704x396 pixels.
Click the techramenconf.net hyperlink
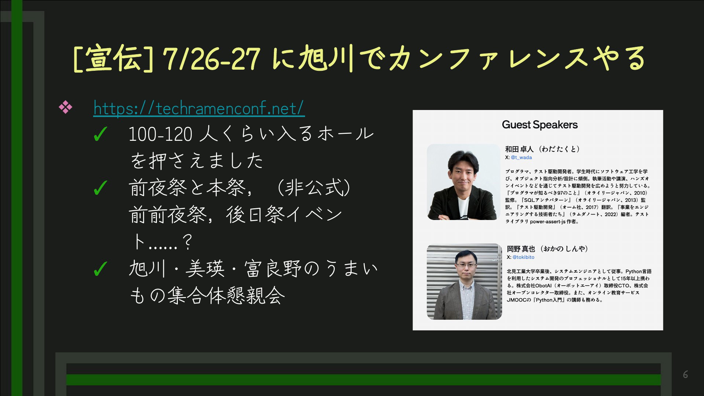click(x=199, y=108)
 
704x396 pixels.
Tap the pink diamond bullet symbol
click(x=66, y=107)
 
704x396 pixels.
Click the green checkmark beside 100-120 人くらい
click(x=100, y=134)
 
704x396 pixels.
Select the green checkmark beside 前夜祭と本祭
click(x=100, y=188)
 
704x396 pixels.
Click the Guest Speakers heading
click(x=539, y=125)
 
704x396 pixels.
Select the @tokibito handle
click(x=523, y=257)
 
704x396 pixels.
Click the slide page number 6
click(x=685, y=375)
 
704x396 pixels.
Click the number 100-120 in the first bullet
click(x=160, y=134)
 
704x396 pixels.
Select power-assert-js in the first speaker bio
click(x=548, y=222)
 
